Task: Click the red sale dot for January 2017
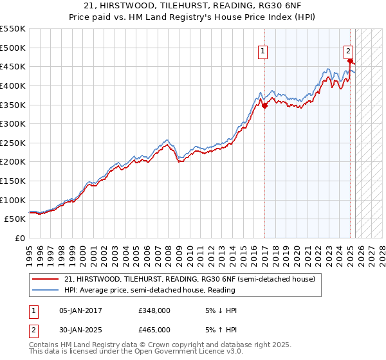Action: tap(264, 105)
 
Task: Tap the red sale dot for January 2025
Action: tap(351, 61)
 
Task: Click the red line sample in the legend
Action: tap(46, 279)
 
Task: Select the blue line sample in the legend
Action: tap(46, 290)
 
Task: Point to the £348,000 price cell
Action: tap(154, 310)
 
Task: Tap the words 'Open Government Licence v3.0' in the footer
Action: tap(190, 352)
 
